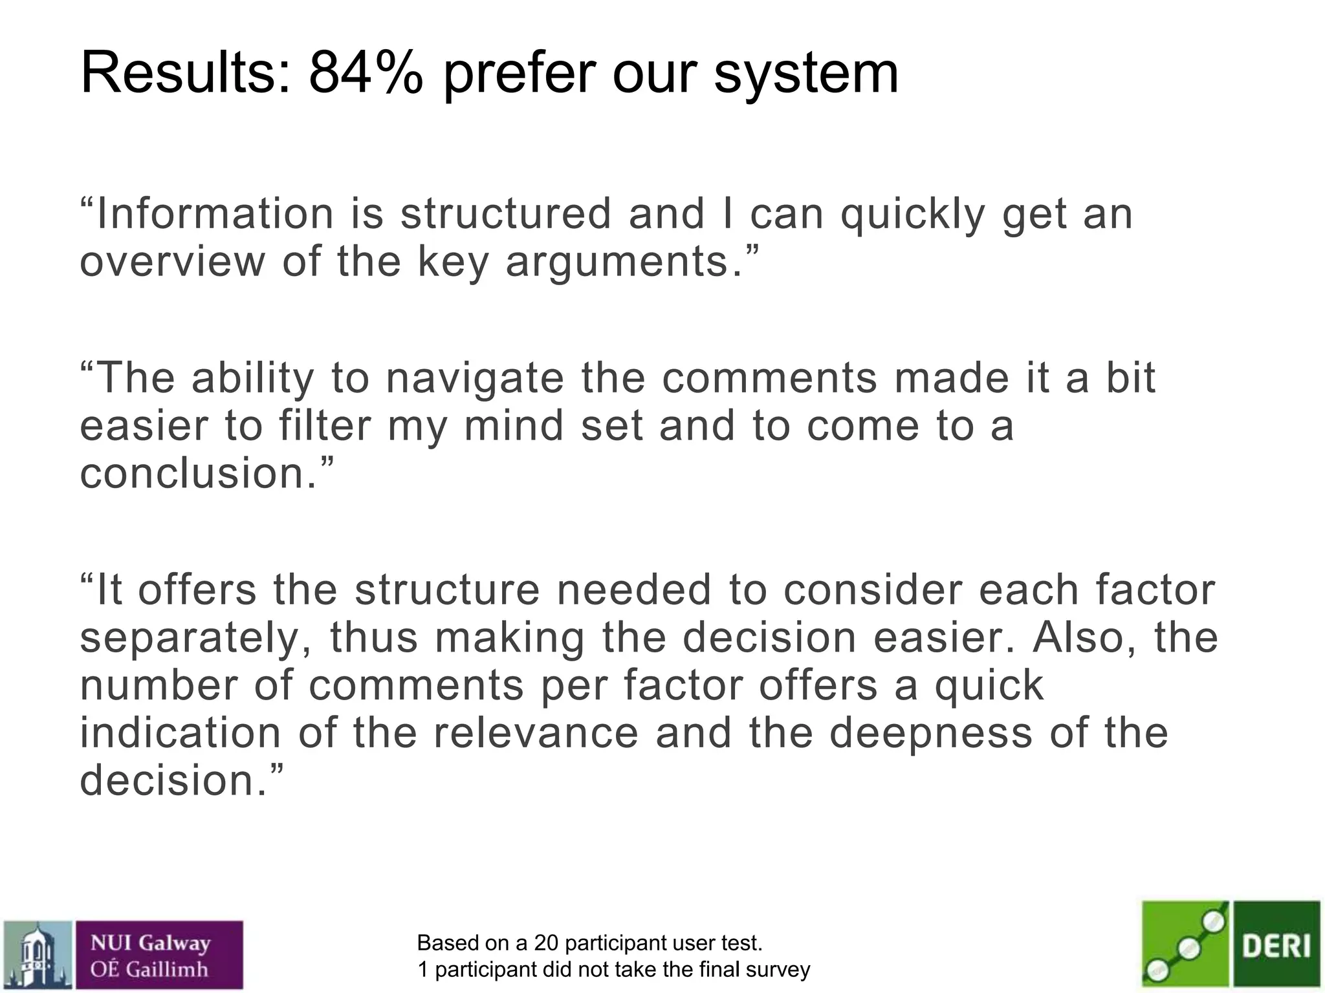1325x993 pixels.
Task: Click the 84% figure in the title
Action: click(x=366, y=72)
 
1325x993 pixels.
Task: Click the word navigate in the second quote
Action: click(x=475, y=379)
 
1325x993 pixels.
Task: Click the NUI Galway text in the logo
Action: click(x=151, y=943)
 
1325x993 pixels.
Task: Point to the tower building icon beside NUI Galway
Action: click(x=38, y=956)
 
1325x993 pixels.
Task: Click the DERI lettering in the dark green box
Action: click(x=1276, y=946)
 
